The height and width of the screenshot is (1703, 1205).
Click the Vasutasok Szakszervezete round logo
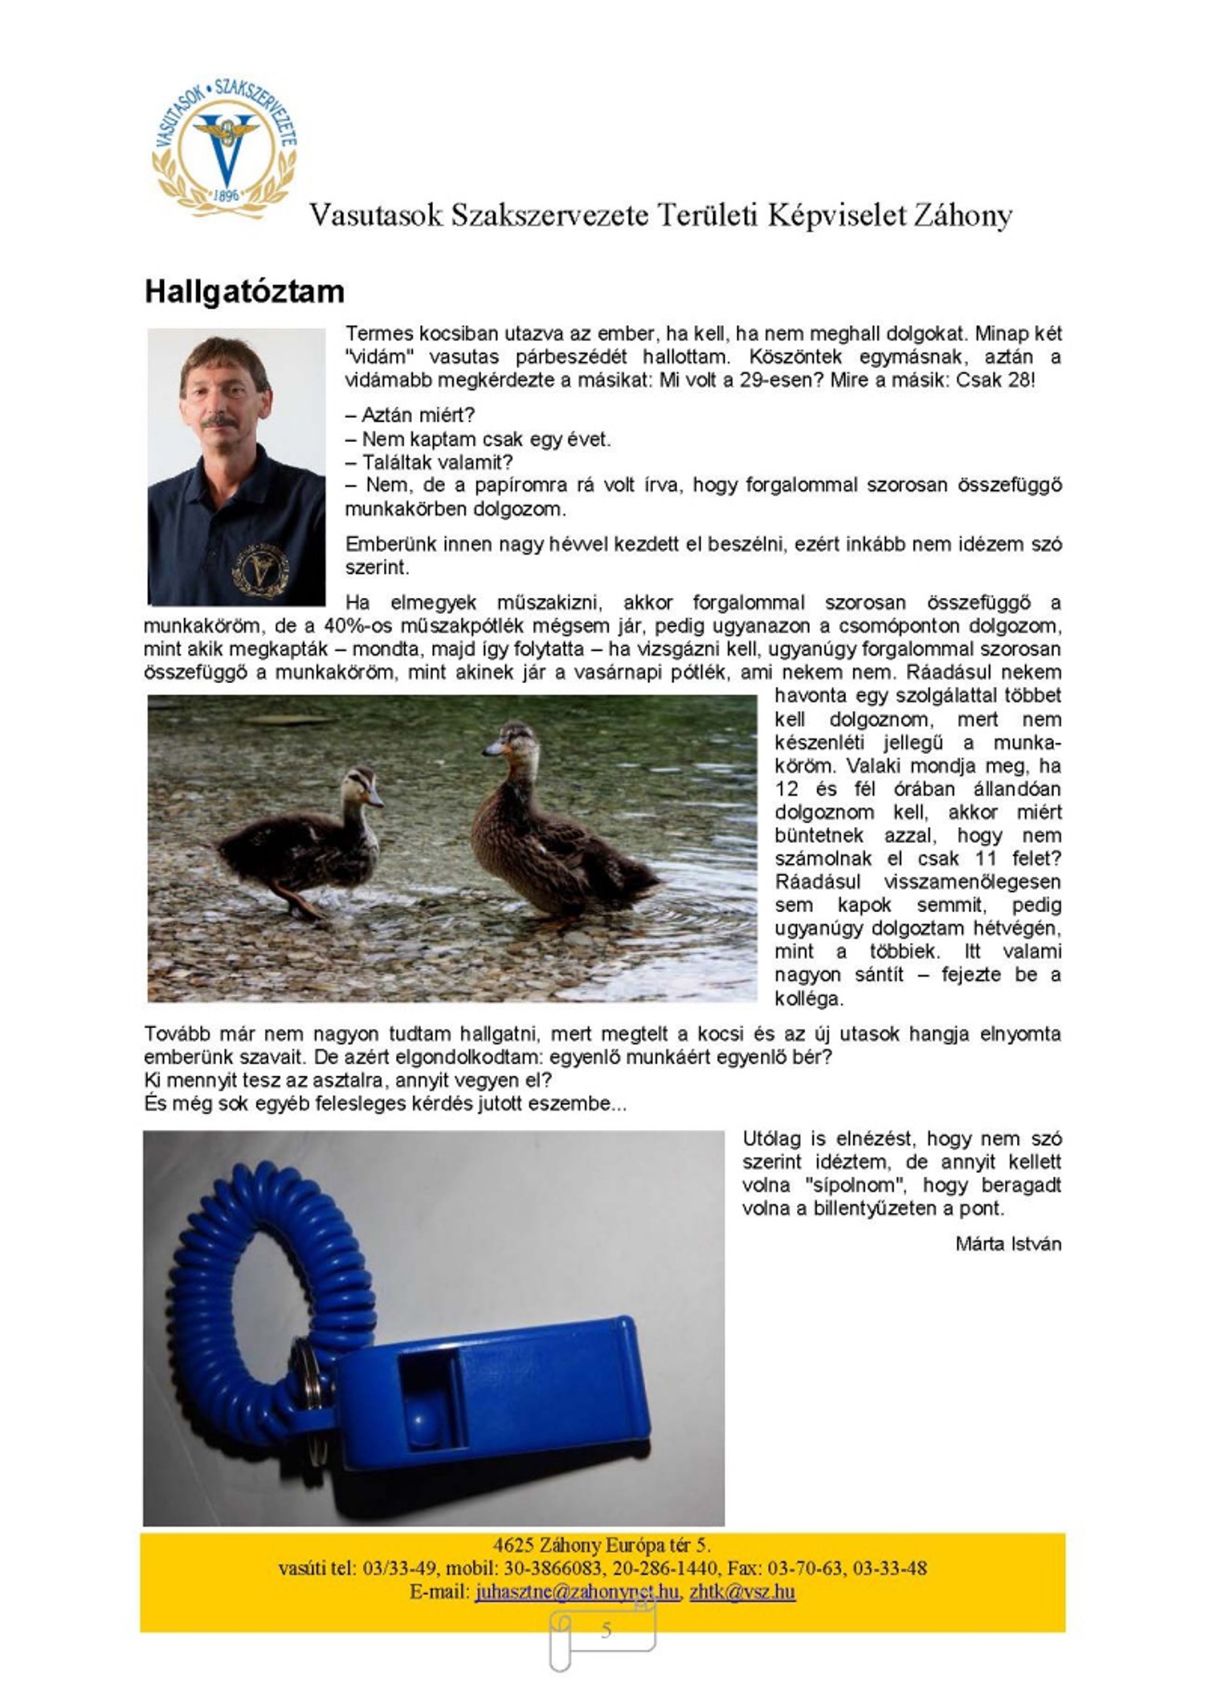[225, 150]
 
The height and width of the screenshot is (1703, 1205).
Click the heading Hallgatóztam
[244, 291]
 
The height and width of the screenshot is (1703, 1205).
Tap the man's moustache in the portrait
[219, 421]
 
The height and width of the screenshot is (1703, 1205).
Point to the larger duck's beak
[492, 750]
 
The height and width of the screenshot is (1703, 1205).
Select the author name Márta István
[1008, 1244]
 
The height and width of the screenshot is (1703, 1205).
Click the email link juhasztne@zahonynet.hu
[576, 1591]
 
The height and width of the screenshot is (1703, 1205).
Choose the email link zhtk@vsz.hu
[742, 1591]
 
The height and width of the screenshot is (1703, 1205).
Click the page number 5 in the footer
[606, 1630]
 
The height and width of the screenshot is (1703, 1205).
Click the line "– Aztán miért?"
[411, 416]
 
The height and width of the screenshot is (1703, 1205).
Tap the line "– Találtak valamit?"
[429, 462]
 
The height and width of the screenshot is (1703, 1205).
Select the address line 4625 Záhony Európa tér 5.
[602, 1545]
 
